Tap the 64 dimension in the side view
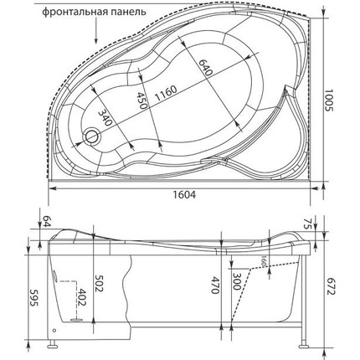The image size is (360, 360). coord(45,223)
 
